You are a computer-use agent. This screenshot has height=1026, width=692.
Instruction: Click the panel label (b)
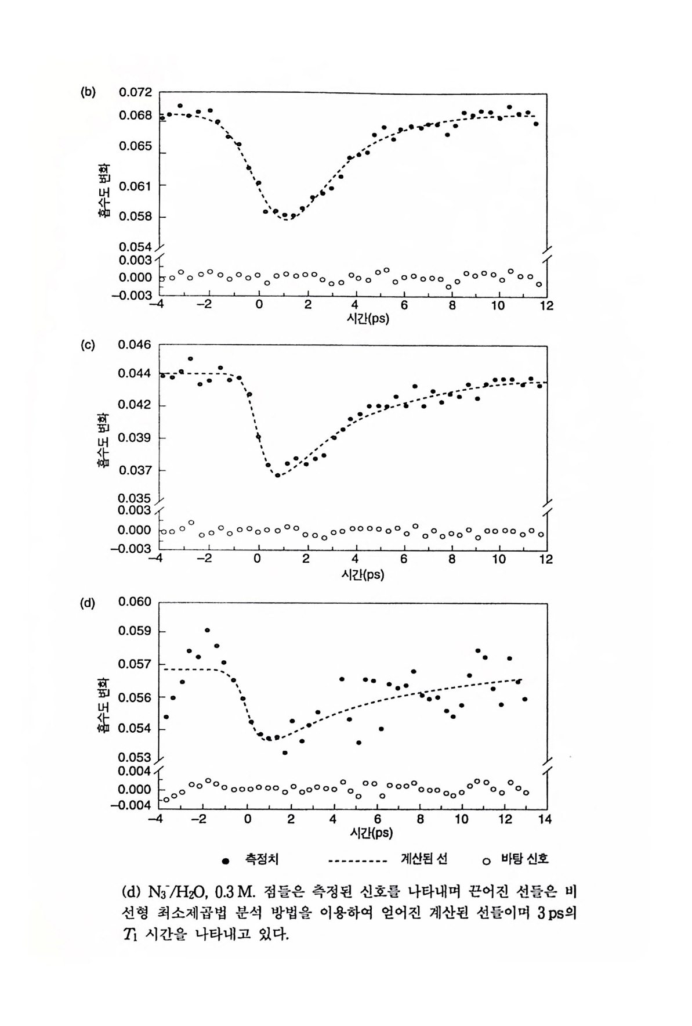click(88, 91)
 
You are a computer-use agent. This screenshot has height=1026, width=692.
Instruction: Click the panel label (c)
click(88, 345)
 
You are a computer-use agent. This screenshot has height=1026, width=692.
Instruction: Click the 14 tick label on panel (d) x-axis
click(545, 819)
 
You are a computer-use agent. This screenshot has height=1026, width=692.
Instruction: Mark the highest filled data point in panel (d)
click(207, 630)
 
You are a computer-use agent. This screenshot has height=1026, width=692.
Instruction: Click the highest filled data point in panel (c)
click(190, 359)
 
